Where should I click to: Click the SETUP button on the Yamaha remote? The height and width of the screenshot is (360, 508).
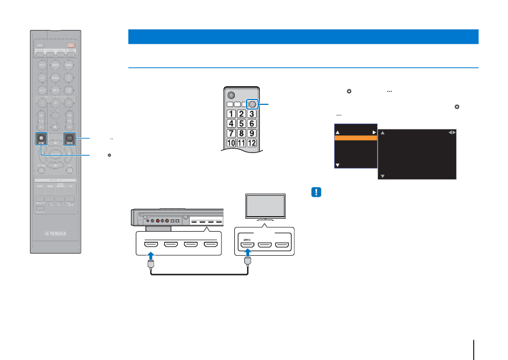41,137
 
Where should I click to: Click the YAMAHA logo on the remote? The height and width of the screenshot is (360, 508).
56,233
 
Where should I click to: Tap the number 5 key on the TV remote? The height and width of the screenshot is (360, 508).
242,123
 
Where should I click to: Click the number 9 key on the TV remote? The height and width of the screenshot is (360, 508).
253,133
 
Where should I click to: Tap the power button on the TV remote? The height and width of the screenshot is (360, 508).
231,95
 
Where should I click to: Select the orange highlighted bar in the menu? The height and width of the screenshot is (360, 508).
355,138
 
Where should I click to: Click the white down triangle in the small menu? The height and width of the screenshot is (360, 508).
337,165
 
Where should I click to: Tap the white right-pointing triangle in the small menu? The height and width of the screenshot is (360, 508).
373,131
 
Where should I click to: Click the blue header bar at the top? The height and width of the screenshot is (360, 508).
303,36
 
